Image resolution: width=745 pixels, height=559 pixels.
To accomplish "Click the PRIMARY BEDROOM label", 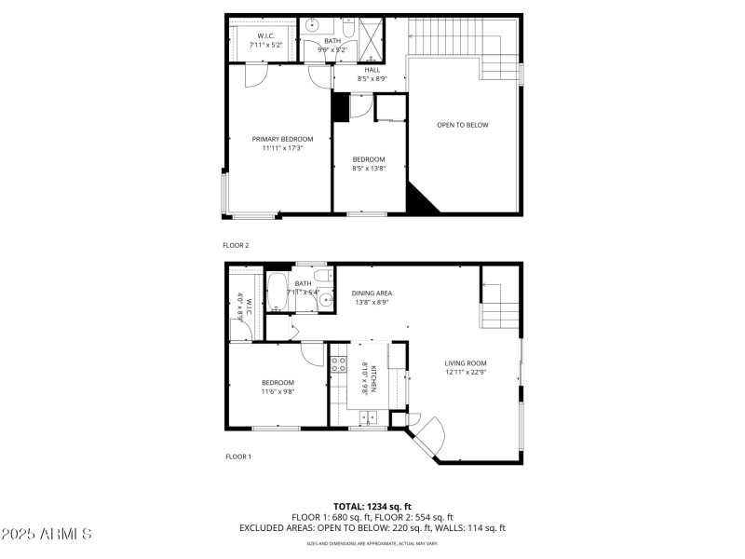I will point(282,139).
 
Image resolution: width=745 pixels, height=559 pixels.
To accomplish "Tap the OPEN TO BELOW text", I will point(463,125).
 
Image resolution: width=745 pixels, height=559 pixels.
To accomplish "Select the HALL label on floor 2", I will point(372,70).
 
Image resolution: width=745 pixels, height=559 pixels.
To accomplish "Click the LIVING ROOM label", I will point(465,363).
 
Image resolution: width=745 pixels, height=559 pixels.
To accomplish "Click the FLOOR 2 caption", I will point(236,245).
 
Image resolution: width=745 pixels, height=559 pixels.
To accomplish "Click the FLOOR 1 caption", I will point(237,457).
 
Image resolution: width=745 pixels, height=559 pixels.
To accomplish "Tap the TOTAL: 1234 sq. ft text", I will point(372,506).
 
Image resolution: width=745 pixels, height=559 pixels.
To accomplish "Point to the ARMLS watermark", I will point(47,535).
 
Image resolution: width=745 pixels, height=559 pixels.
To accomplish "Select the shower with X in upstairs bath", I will point(370,37).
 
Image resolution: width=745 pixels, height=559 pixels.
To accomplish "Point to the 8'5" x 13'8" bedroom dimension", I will point(368,168).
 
